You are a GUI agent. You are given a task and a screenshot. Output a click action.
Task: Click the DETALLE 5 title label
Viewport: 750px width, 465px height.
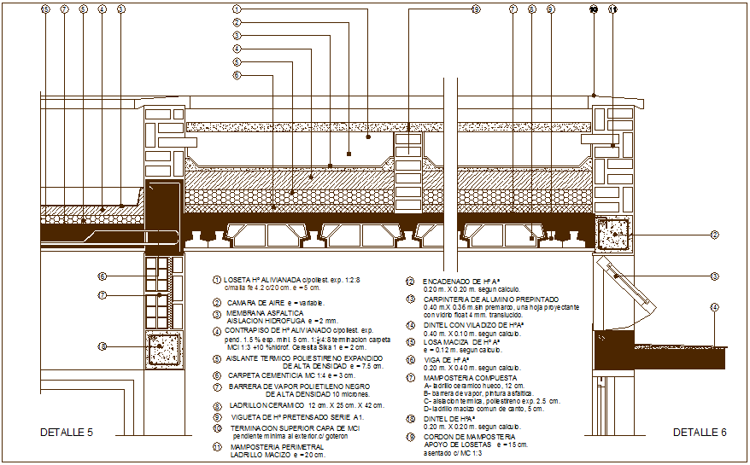pos(66,433)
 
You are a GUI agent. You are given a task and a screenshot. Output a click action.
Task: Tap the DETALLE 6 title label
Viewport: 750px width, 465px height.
pos(699,433)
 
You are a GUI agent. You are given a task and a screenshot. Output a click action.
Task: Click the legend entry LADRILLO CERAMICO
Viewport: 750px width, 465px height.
pos(260,406)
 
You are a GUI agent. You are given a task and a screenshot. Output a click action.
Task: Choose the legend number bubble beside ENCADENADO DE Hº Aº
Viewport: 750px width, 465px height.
pos(410,281)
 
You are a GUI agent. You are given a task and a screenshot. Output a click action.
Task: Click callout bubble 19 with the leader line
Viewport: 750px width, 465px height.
pos(476,9)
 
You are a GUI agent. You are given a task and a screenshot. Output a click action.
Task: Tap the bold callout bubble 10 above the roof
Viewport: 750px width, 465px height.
pos(593,9)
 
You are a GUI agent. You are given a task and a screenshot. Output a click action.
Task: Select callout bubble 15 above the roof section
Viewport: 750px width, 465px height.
pos(45,9)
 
